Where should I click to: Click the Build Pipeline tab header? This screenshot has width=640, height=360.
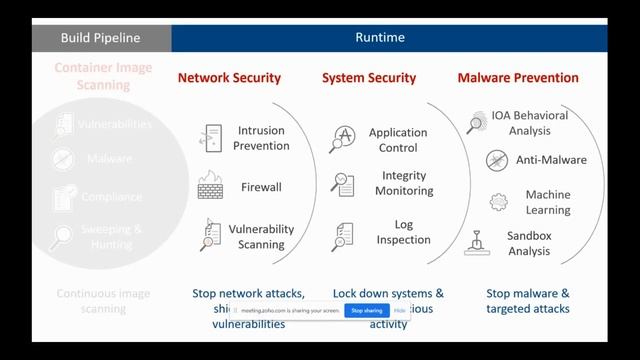pyautogui.click(x=100, y=38)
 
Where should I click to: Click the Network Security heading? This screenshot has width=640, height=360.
pyautogui.click(x=229, y=78)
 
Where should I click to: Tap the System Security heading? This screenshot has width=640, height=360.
pyautogui.click(x=369, y=78)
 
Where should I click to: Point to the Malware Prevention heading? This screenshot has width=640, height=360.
pyautogui.click(x=518, y=78)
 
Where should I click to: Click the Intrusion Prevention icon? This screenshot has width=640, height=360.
pyautogui.click(x=211, y=138)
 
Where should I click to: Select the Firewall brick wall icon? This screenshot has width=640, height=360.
pyautogui.click(x=210, y=186)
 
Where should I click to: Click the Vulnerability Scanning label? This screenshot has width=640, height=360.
pyautogui.click(x=261, y=237)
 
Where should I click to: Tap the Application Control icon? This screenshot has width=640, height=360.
pyautogui.click(x=343, y=139)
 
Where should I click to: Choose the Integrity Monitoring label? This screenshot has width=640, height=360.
pyautogui.click(x=405, y=183)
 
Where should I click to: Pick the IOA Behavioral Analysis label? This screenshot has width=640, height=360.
pyautogui.click(x=529, y=122)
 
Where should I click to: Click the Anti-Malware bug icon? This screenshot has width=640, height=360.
pyautogui.click(x=497, y=160)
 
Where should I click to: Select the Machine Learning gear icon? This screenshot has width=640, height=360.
pyautogui.click(x=498, y=201)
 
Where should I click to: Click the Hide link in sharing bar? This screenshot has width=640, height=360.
pyautogui.click(x=400, y=311)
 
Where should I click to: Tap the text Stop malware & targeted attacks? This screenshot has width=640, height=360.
pyautogui.click(x=528, y=301)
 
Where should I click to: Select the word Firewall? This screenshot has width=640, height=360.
pyautogui.click(x=261, y=187)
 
